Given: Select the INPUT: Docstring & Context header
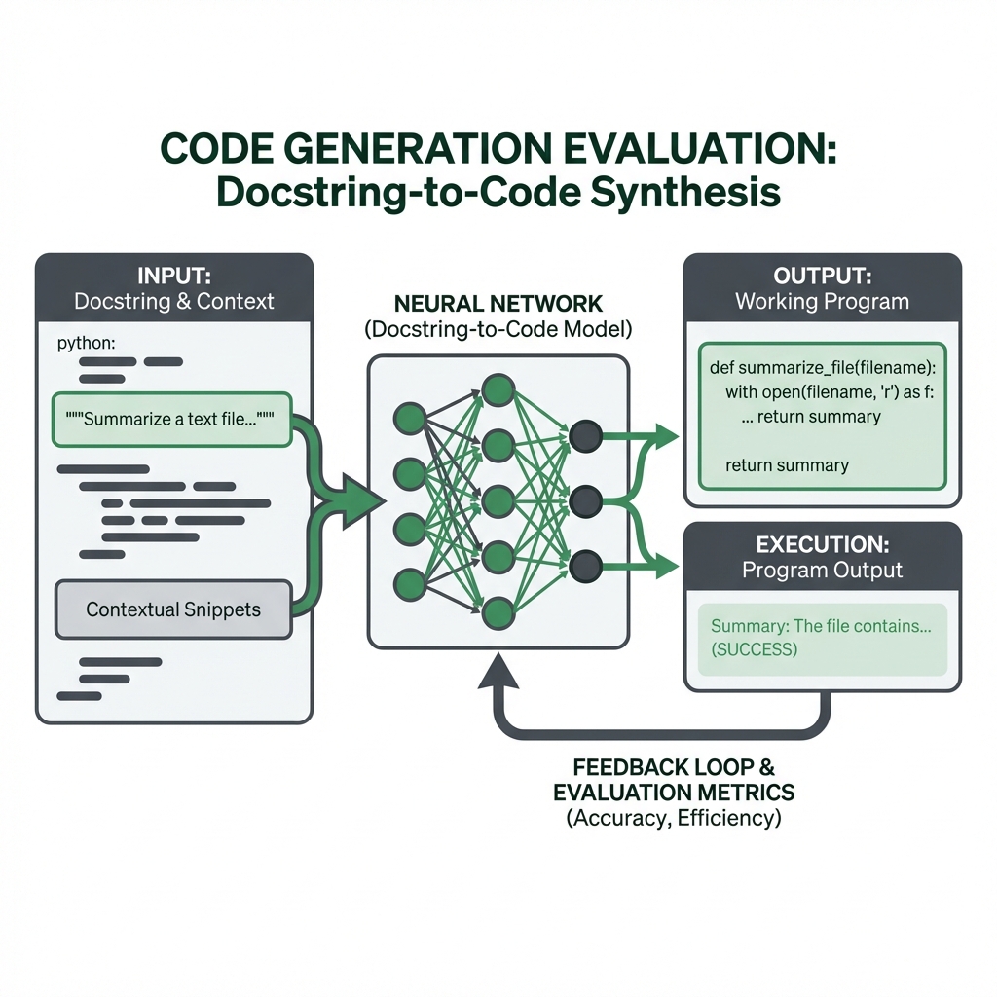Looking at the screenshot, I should point(174,287).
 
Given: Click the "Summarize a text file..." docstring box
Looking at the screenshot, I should point(171,420).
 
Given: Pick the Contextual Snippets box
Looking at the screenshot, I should point(173,609).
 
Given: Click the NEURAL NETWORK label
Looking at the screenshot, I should point(498,303).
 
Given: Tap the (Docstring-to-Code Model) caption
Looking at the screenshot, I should point(498,329).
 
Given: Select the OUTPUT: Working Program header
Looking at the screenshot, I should point(822,287).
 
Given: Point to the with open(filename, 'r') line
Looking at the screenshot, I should point(824,392).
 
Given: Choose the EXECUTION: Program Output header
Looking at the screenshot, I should point(822,556).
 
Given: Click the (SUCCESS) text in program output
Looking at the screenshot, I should point(755,648).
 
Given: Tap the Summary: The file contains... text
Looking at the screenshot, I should point(821,625).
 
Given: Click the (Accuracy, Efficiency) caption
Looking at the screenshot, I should point(673,818).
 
